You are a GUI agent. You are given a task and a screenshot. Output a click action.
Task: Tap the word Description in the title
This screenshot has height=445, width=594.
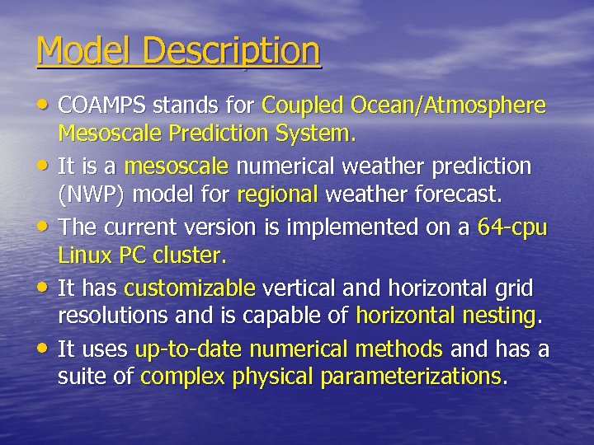tap(231, 51)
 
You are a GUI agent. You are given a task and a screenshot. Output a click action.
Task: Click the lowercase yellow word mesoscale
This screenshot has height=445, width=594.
tap(176, 166)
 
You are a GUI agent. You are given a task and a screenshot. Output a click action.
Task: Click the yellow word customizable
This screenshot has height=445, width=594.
tap(190, 288)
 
